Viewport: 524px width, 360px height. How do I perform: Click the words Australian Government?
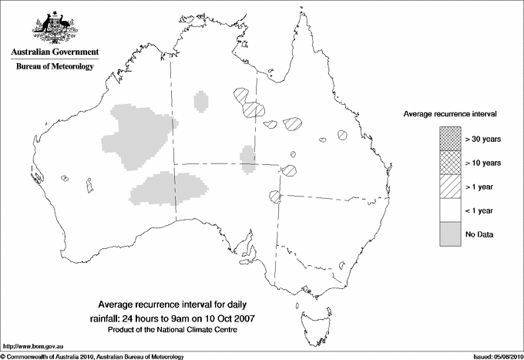pyautogui.click(x=54, y=52)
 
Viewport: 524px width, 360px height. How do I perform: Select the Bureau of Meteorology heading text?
pyautogui.click(x=54, y=67)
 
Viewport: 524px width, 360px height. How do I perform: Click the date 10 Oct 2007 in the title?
pyautogui.click(x=232, y=318)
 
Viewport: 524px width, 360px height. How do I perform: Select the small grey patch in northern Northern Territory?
pyautogui.click(x=202, y=101)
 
